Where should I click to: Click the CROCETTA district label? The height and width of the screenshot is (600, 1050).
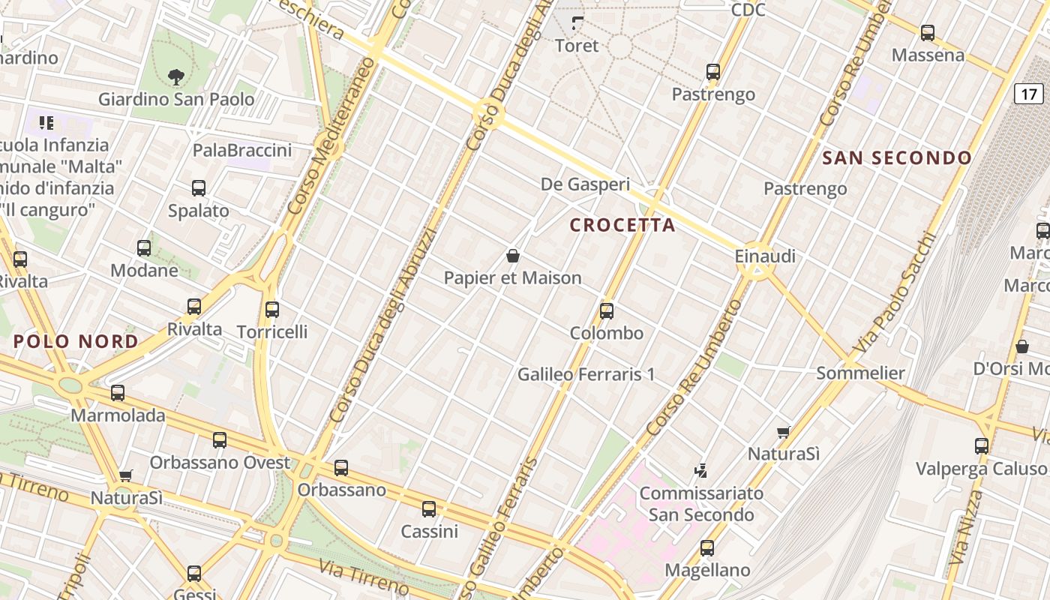pos(622,225)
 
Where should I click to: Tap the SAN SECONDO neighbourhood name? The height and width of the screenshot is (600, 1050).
pos(897,158)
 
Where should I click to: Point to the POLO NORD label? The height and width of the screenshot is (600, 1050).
pos(76,342)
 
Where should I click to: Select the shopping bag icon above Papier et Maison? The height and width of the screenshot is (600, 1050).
pos(513,256)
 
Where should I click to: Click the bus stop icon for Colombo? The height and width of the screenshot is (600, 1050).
pos(607,310)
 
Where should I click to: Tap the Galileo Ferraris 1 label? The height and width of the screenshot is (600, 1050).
pos(586,373)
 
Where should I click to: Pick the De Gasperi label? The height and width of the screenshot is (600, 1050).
pos(585,184)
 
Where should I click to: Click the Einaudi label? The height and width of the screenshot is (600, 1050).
pos(765,256)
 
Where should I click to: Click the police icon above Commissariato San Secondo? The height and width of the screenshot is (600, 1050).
pos(700,471)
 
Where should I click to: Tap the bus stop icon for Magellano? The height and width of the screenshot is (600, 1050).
pos(707,547)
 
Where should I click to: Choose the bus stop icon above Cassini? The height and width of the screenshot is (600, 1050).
pos(429,509)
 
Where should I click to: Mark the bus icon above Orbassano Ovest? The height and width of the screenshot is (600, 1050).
pos(220,440)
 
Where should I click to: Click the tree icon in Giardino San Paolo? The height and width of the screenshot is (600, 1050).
pos(176,76)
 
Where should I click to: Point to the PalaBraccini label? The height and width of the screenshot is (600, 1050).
pos(242,151)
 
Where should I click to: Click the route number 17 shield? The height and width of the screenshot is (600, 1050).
pos(1029,94)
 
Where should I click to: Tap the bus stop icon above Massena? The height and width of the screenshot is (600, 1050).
pos(928,33)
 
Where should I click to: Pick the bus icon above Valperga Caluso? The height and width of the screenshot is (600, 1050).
pos(981,446)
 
